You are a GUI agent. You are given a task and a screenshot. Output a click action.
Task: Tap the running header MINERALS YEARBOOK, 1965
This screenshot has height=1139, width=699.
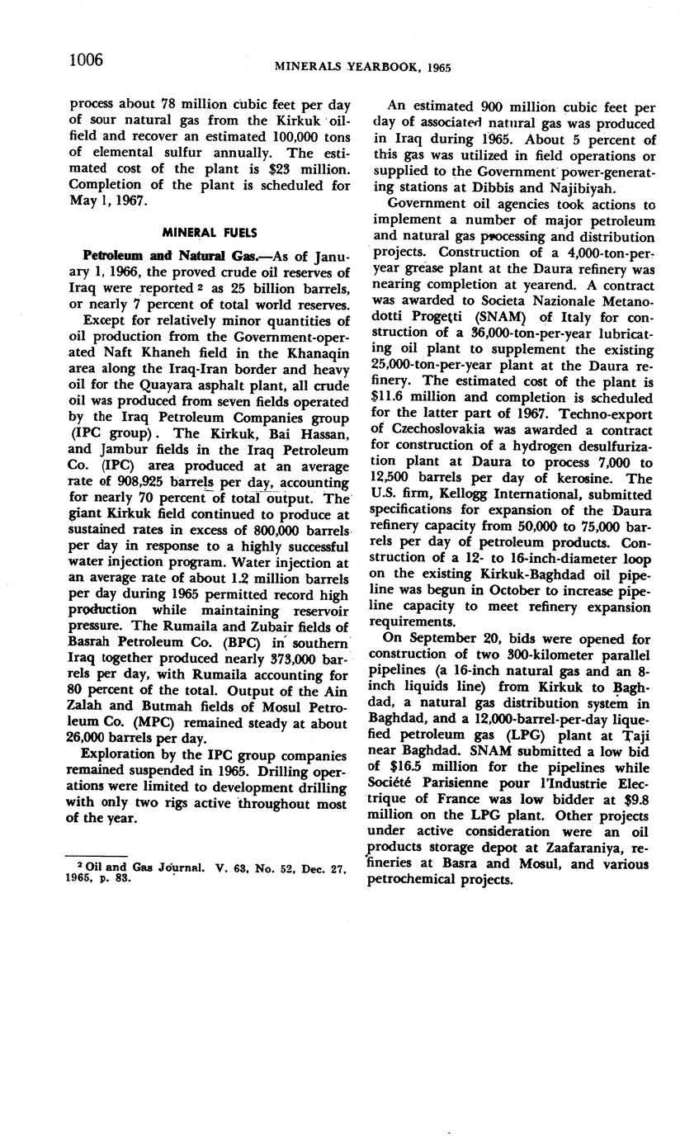(362, 67)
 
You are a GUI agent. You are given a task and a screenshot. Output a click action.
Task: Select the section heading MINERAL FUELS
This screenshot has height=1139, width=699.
(210, 232)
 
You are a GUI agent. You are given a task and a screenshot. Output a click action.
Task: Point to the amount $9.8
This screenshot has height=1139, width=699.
(635, 799)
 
